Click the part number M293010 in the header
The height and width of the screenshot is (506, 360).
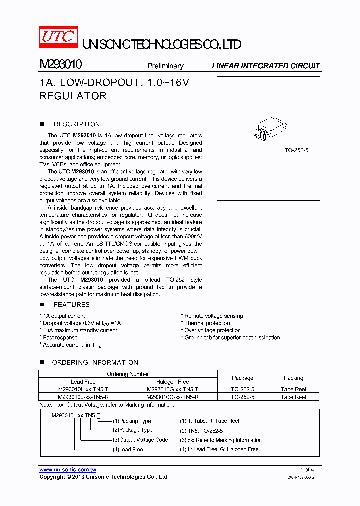[x=61, y=65]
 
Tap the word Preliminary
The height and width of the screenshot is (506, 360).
[x=165, y=66]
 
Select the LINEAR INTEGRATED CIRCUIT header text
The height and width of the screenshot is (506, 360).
[x=266, y=66]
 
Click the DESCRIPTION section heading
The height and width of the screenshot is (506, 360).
[x=76, y=124]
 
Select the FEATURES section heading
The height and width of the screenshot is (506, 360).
[x=71, y=304]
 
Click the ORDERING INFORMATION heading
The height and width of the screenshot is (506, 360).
[x=95, y=362]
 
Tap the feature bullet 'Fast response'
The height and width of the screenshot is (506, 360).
[x=60, y=338]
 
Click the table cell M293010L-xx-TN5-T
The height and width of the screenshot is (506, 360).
[x=83, y=389]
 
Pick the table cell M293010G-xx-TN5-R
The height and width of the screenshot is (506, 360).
[x=172, y=397]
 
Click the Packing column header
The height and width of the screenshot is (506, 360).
[x=293, y=378]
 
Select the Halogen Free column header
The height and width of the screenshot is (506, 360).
[x=172, y=382]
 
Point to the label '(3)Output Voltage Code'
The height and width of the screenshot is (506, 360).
[x=140, y=440]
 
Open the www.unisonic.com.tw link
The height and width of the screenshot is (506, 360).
[x=68, y=470]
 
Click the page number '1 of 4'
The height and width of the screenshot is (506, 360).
[x=307, y=469]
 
